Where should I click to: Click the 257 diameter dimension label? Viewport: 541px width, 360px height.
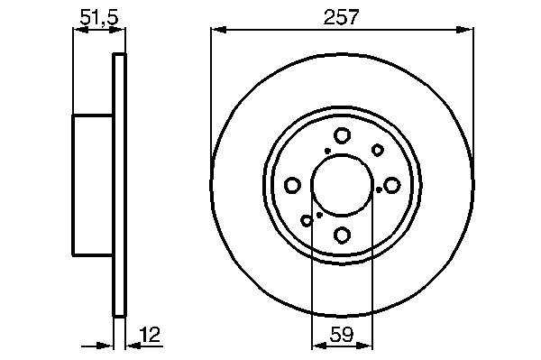pyautogui.click(x=341, y=17)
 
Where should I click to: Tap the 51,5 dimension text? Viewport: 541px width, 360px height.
pyautogui.click(x=99, y=17)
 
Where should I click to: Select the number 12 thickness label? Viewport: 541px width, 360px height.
pyautogui.click(x=151, y=335)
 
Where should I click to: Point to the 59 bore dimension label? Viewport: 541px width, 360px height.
pyautogui.click(x=342, y=335)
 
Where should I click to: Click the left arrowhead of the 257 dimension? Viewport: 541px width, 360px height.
pyautogui.click(x=218, y=30)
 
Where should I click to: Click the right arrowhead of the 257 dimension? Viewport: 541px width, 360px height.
pyautogui.click(x=465, y=30)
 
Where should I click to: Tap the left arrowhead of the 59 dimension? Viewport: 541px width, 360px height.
pyautogui.click(x=319, y=346)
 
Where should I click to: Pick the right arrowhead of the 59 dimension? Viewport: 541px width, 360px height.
pyautogui.click(x=364, y=346)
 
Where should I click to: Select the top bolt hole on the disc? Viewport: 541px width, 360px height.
pyautogui.click(x=343, y=135)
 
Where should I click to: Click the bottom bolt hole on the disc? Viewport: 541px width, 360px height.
pyautogui.click(x=343, y=235)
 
